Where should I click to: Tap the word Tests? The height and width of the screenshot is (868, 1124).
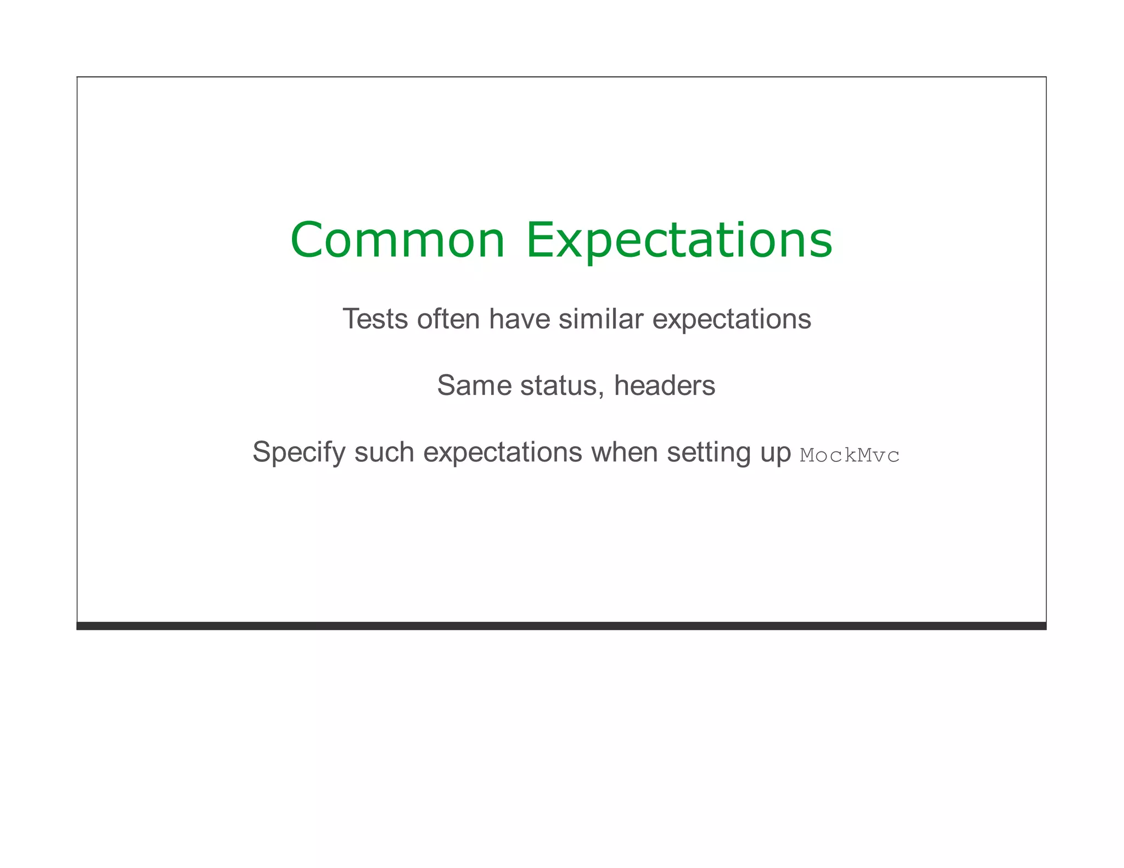point(375,319)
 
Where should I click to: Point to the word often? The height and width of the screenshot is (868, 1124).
point(448,319)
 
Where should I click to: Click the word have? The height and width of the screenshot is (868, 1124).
point(519,319)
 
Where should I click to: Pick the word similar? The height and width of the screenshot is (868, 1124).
point(600,319)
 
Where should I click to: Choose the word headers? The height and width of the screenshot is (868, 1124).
point(664,385)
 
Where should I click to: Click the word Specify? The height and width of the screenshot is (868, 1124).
point(299,453)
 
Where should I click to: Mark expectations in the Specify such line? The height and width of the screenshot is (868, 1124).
point(502,453)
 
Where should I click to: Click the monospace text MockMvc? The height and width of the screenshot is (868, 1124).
point(849,455)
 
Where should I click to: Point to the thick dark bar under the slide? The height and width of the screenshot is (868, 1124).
point(561,625)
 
